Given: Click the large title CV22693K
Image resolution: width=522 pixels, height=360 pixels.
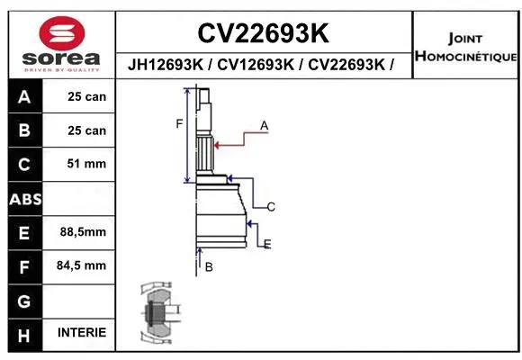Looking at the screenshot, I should tap(262, 33).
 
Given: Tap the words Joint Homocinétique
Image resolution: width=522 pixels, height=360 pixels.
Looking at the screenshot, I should tap(465, 48).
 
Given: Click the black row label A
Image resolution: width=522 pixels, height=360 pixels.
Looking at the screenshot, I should tap(23, 97).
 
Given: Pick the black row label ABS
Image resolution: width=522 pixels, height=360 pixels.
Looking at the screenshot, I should tap(23, 199).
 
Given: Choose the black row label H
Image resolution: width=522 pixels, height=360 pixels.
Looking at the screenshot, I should tap(23, 334).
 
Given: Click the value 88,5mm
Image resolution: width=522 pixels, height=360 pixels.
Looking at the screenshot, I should tap(82, 231).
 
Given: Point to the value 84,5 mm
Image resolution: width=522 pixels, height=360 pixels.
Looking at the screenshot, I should tap(82, 265).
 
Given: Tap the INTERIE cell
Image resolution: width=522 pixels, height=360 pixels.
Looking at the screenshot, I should tap(82, 333).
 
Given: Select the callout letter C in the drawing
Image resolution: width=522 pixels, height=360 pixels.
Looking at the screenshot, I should tap(270, 207).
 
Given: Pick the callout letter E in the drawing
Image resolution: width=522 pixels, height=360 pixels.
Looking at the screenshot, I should tap(267, 244).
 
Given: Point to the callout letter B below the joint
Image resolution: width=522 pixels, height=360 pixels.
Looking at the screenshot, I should tap(208, 267).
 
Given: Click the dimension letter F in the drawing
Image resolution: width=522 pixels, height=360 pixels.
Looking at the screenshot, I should tap(178, 123).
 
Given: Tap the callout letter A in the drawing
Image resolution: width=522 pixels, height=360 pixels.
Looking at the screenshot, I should tap(264, 126).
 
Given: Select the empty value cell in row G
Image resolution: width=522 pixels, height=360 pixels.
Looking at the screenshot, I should tap(82, 300).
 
